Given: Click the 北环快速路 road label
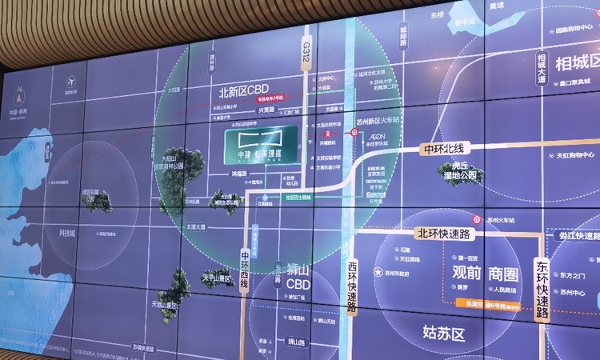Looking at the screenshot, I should coord(442,234).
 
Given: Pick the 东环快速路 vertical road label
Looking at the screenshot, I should coord(542,287).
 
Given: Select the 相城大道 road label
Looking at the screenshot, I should coord(542,67).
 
